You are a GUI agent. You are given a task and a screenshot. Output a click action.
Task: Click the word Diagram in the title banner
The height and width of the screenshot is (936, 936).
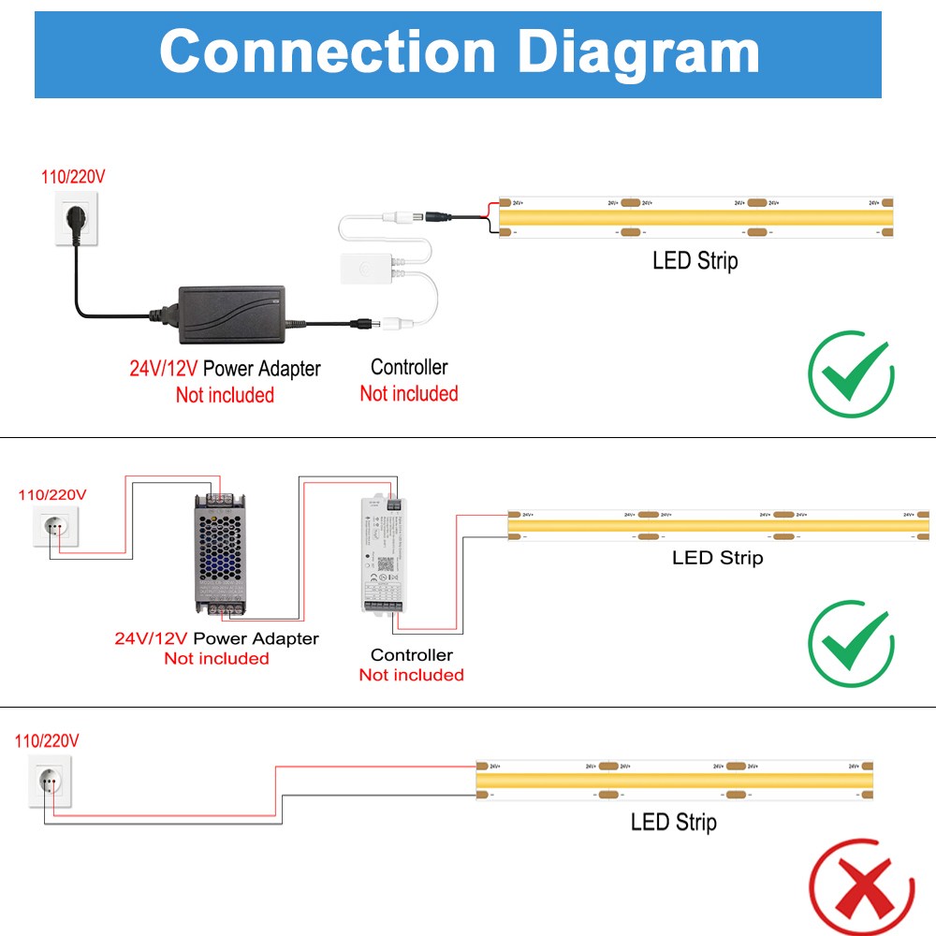(x=639, y=51)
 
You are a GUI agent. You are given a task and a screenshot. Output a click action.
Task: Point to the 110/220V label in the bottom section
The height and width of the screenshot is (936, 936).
(x=47, y=740)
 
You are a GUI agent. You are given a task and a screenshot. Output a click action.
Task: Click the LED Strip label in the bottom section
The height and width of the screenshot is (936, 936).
(x=673, y=823)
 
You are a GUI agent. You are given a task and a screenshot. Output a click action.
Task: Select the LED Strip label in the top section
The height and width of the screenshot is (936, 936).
(x=695, y=260)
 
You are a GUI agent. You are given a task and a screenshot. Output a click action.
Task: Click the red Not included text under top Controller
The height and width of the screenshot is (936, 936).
(x=409, y=394)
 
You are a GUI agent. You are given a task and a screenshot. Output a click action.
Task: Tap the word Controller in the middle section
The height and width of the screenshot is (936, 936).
(x=411, y=655)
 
